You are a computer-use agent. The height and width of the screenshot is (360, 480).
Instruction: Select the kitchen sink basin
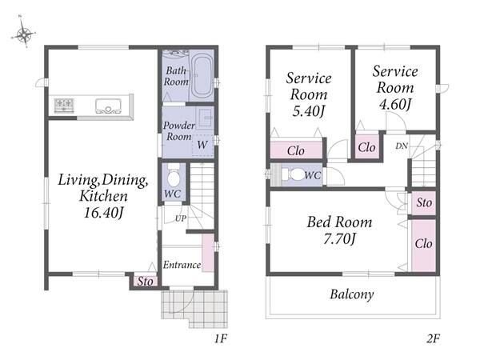click(108, 106)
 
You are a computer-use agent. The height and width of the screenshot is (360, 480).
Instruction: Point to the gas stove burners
click(64, 106)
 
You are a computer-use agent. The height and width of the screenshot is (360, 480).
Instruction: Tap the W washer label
click(202, 145)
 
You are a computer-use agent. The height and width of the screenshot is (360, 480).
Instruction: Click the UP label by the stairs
click(181, 218)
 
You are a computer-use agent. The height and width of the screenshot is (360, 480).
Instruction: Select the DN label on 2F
click(402, 146)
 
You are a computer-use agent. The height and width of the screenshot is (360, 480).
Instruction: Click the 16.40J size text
click(104, 213)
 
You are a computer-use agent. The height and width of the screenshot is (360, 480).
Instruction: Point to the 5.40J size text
click(309, 111)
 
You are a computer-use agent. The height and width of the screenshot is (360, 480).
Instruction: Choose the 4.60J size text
click(395, 104)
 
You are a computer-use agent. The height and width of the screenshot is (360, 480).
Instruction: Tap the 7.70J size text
click(339, 238)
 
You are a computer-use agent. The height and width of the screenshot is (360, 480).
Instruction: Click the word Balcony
click(352, 294)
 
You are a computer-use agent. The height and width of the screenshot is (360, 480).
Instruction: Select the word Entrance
click(182, 265)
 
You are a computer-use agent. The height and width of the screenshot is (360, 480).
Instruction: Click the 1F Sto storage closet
click(145, 281)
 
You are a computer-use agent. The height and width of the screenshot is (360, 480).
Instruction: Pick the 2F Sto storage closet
click(424, 202)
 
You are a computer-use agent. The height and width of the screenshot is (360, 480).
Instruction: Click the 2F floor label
click(433, 338)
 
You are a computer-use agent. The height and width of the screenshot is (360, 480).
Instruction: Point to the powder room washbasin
click(205, 118)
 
